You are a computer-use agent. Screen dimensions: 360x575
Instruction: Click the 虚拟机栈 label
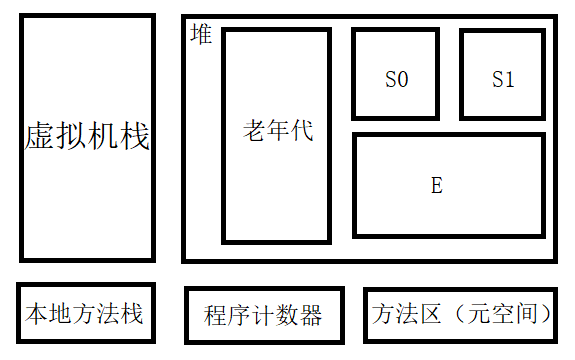coord(87,138)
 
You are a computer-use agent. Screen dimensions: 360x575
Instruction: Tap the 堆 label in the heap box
coord(201,35)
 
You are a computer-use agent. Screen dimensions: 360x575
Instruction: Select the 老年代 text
coord(277,131)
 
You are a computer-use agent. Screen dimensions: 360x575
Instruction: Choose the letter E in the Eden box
coord(436,185)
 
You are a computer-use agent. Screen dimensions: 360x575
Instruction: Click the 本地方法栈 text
coord(84,315)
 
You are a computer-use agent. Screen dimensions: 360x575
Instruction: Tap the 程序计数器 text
coord(263,317)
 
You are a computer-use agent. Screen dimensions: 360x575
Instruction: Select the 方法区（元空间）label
coord(462,315)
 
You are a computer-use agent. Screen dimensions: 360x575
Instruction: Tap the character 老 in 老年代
coord(254,131)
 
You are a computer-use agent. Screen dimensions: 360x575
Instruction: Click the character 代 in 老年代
coord(301,131)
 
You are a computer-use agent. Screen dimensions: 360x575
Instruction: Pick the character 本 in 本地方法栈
coord(36,315)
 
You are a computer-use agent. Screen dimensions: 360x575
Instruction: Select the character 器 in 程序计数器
coord(311,317)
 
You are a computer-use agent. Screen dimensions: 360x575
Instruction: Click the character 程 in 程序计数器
coord(215,317)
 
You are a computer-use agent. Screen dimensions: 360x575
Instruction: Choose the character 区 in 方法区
coord(431,315)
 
